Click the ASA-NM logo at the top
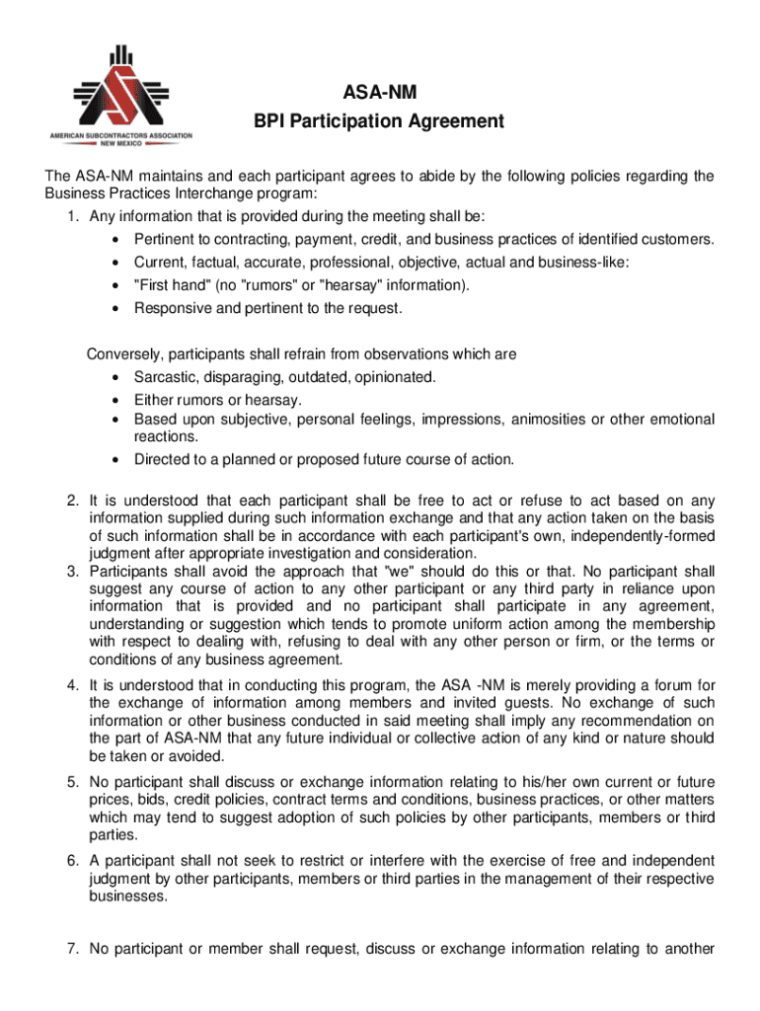pos(121,96)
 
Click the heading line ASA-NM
pos(379,94)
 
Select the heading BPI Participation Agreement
pos(379,121)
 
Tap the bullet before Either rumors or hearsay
pos(117,401)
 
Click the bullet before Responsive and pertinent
pos(117,309)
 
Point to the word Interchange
pos(218,194)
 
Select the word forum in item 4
pos(679,685)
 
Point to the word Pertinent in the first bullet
pos(165,240)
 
